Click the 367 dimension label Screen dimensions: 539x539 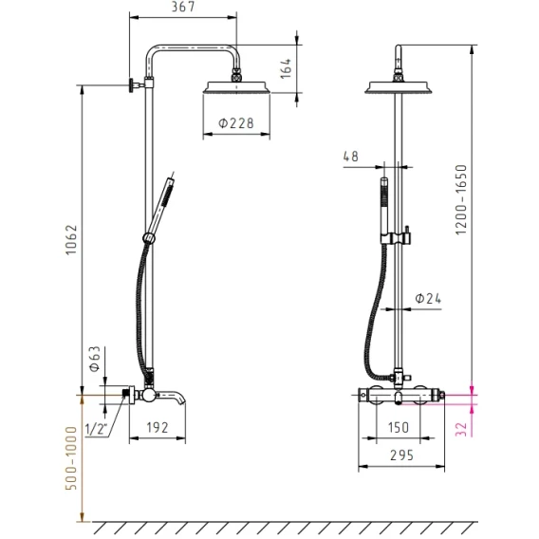click(183, 7)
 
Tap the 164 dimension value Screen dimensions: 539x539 click(286, 68)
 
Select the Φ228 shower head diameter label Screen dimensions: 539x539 click(236, 122)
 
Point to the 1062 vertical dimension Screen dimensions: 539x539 click(71, 240)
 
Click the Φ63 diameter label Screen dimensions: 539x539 click(95, 359)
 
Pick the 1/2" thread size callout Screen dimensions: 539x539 click(96, 429)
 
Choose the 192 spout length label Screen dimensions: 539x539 click(158, 427)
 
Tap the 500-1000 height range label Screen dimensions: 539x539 click(71, 458)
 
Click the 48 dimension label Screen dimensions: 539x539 click(350, 157)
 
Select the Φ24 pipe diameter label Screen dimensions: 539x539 click(428, 298)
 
